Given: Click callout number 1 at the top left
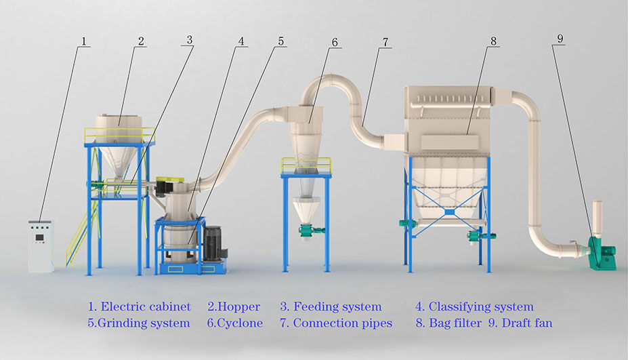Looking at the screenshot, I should click(x=83, y=41).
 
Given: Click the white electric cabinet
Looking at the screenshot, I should click(x=41, y=245).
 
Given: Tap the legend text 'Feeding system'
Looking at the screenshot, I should click(x=337, y=307).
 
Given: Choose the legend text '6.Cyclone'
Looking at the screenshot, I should click(x=234, y=323).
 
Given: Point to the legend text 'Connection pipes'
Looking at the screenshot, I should click(x=342, y=323).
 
